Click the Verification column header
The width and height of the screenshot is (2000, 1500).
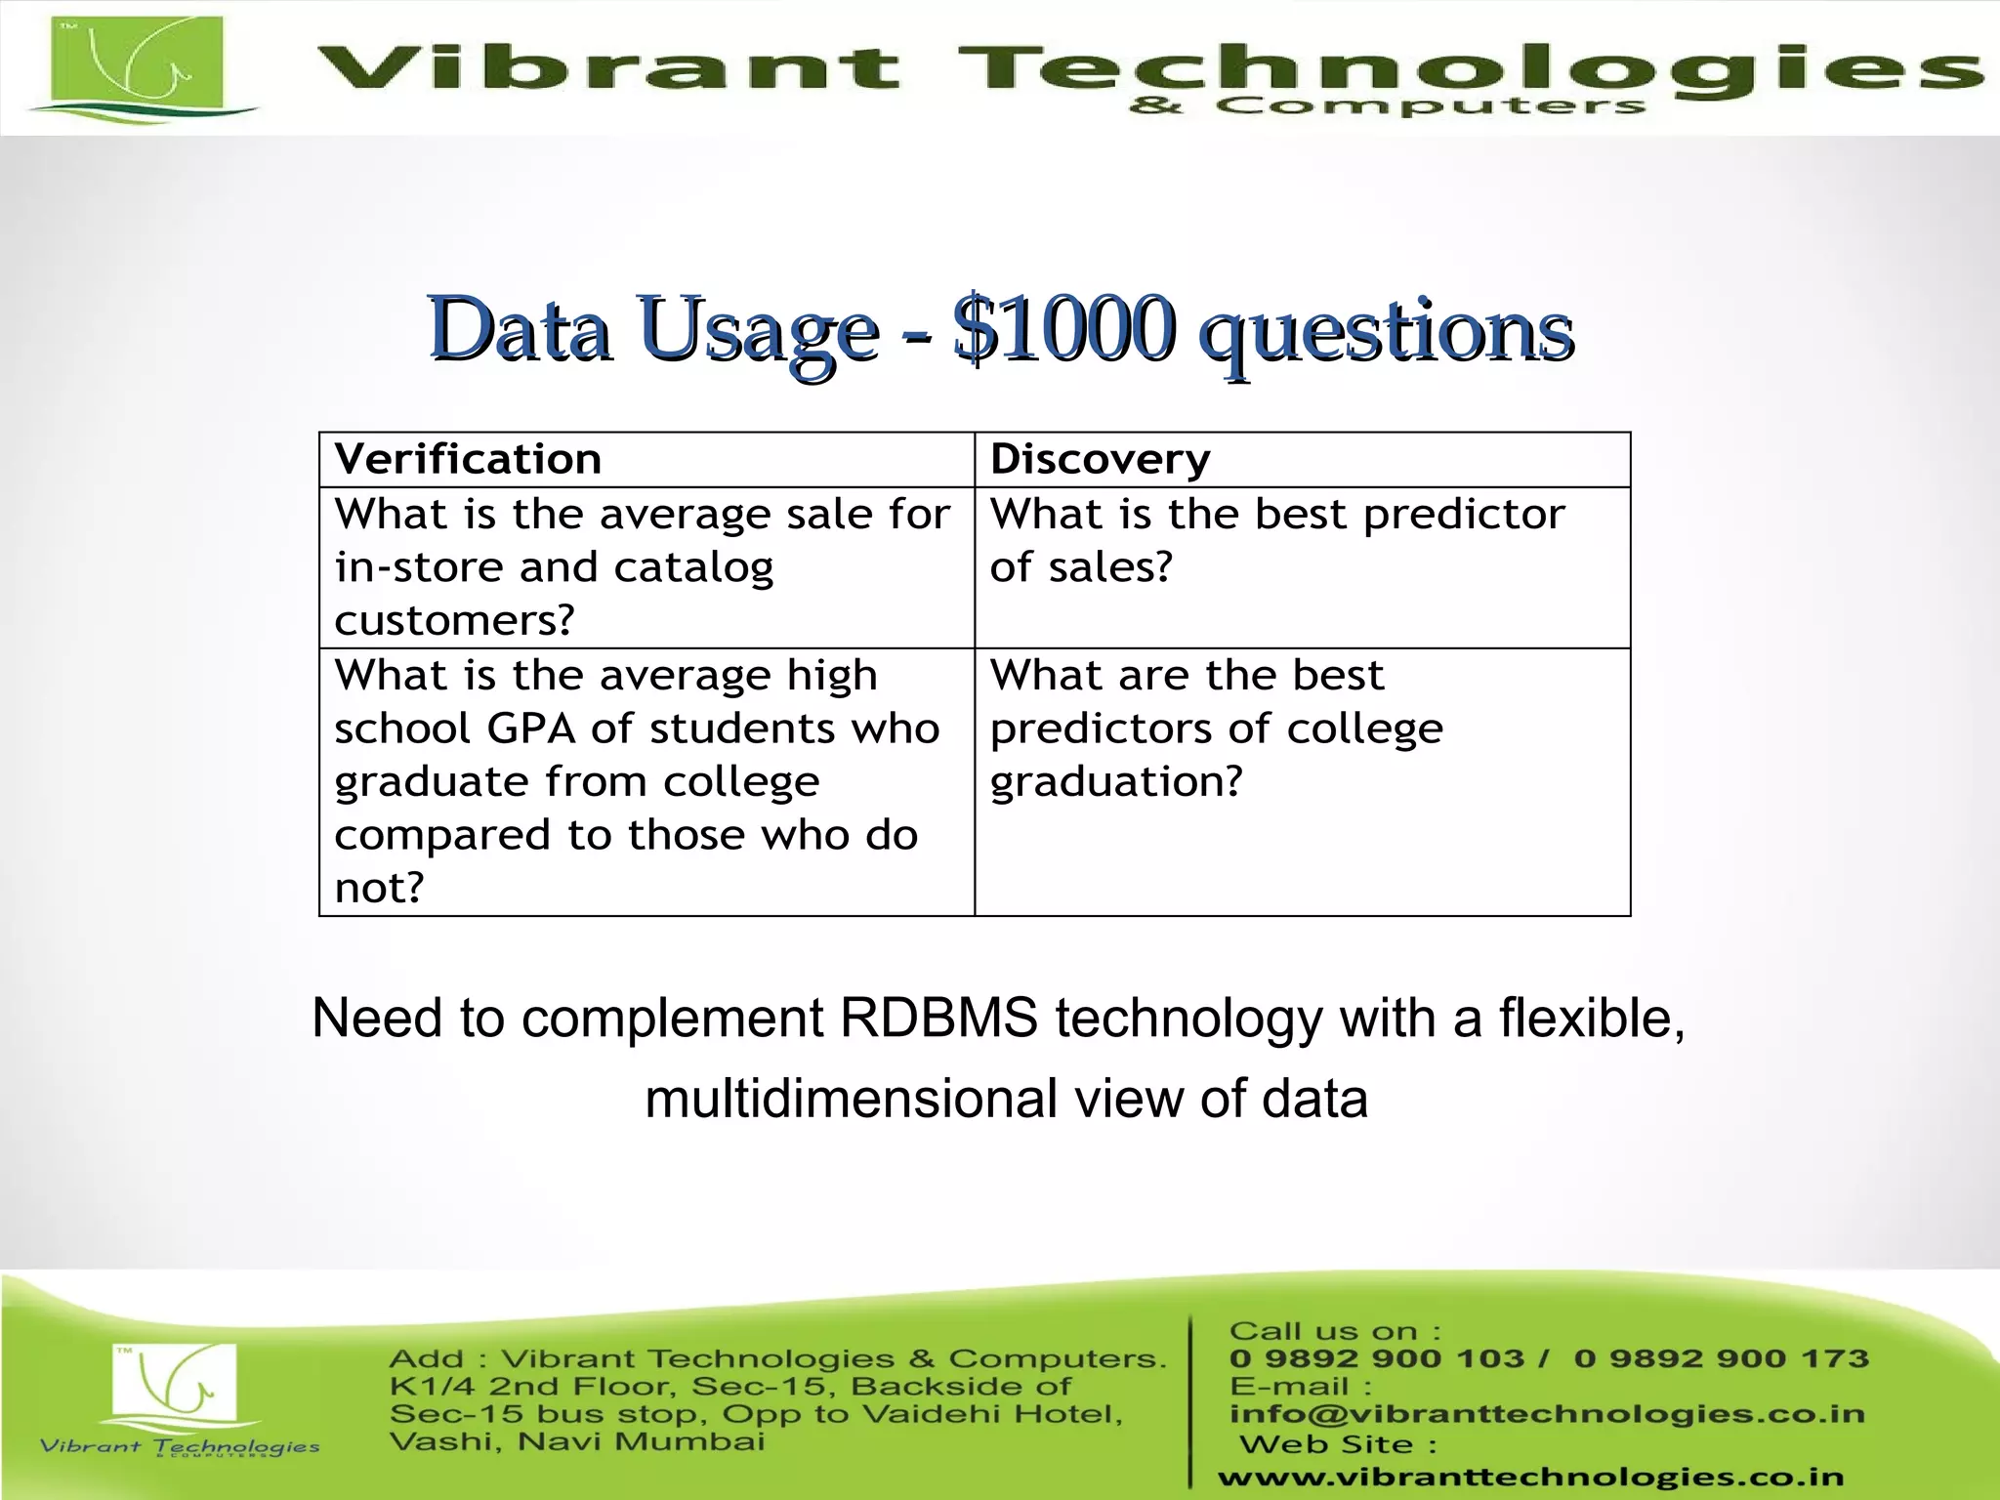[469, 459]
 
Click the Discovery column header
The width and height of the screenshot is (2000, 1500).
[1101, 459]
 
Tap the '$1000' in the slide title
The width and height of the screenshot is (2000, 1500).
[1064, 329]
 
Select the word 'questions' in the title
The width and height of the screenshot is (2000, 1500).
[1387, 332]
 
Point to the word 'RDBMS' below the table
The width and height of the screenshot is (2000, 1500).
[938, 1019]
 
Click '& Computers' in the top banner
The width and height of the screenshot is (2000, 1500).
[1387, 106]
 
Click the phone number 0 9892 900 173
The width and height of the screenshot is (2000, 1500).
[1721, 1358]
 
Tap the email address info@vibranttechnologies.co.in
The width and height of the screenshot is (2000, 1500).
[1547, 1414]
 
